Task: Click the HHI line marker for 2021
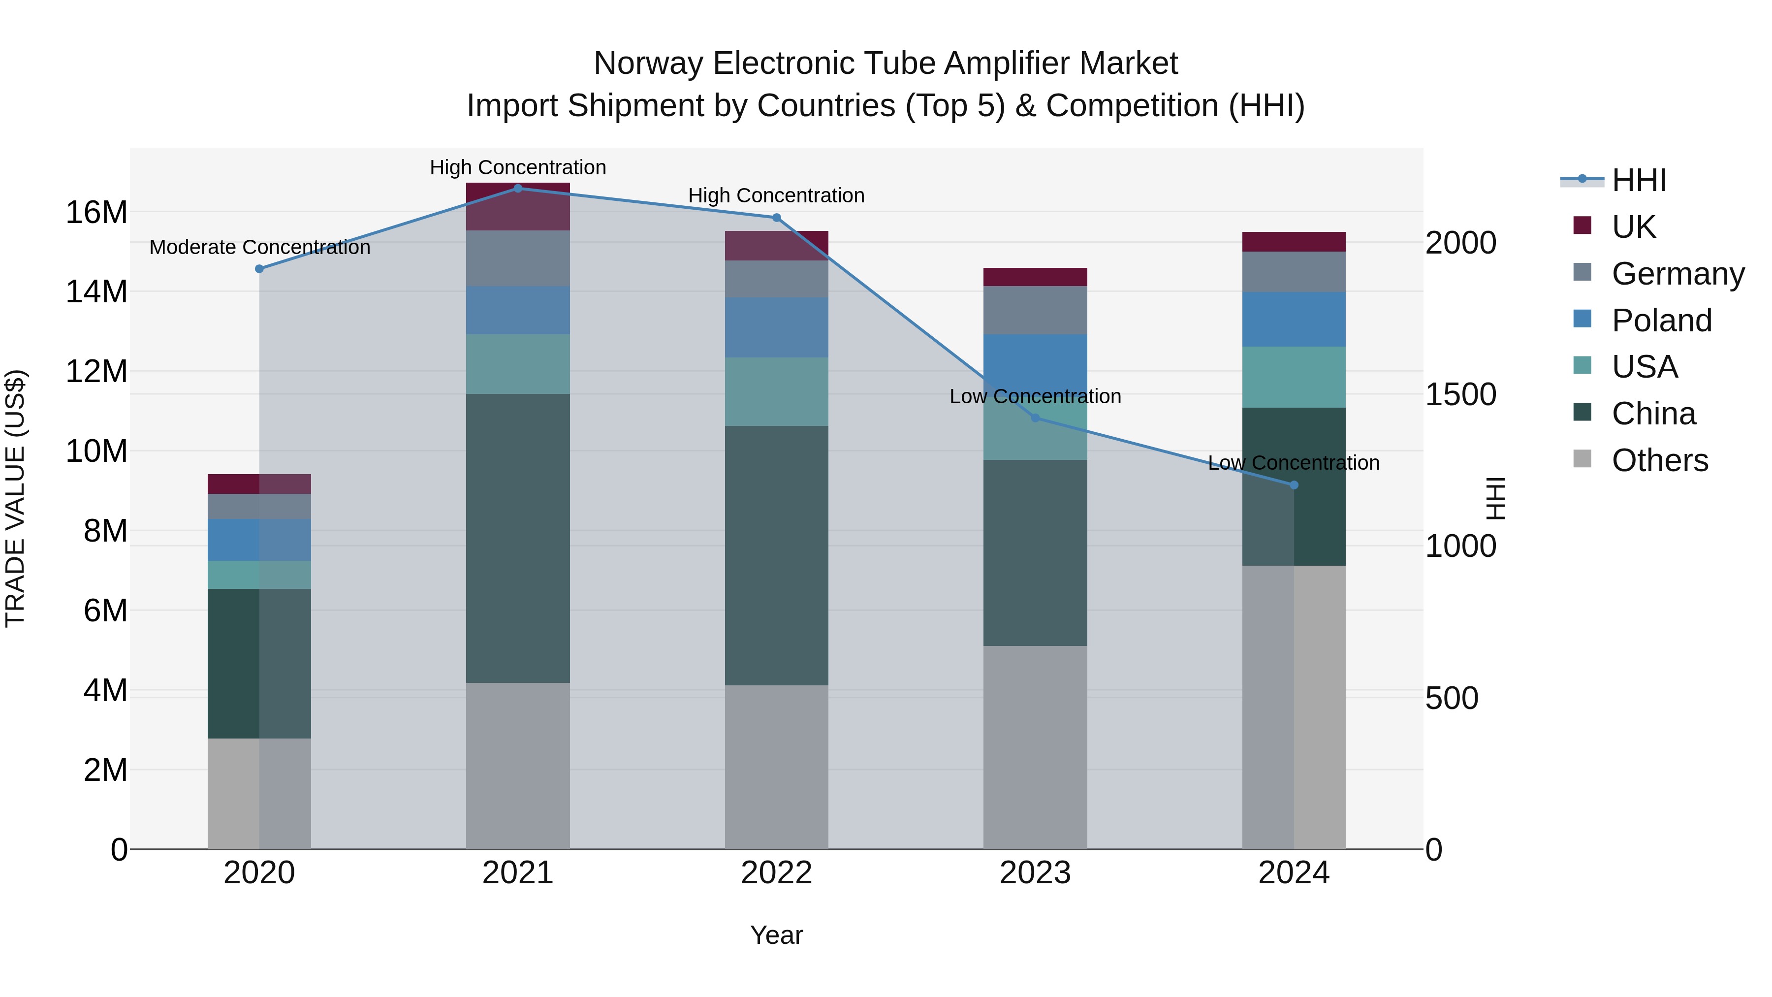pos(518,188)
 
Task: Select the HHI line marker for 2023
pos(1035,418)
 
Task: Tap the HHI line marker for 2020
pos(259,269)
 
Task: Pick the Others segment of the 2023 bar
pos(1035,746)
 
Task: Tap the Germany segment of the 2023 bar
pos(1035,310)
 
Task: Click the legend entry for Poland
pos(1661,321)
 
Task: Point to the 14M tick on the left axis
pos(96,292)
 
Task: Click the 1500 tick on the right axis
pos(1460,394)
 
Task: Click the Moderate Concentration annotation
pos(259,247)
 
